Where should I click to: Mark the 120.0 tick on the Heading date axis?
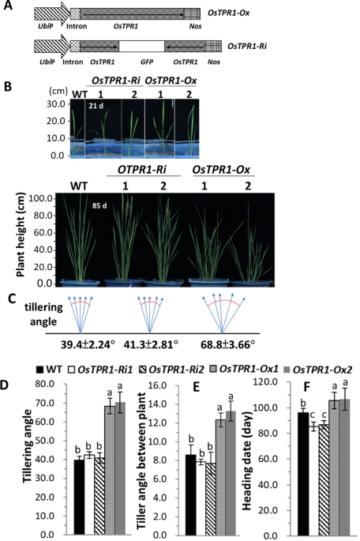coord(284,381)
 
